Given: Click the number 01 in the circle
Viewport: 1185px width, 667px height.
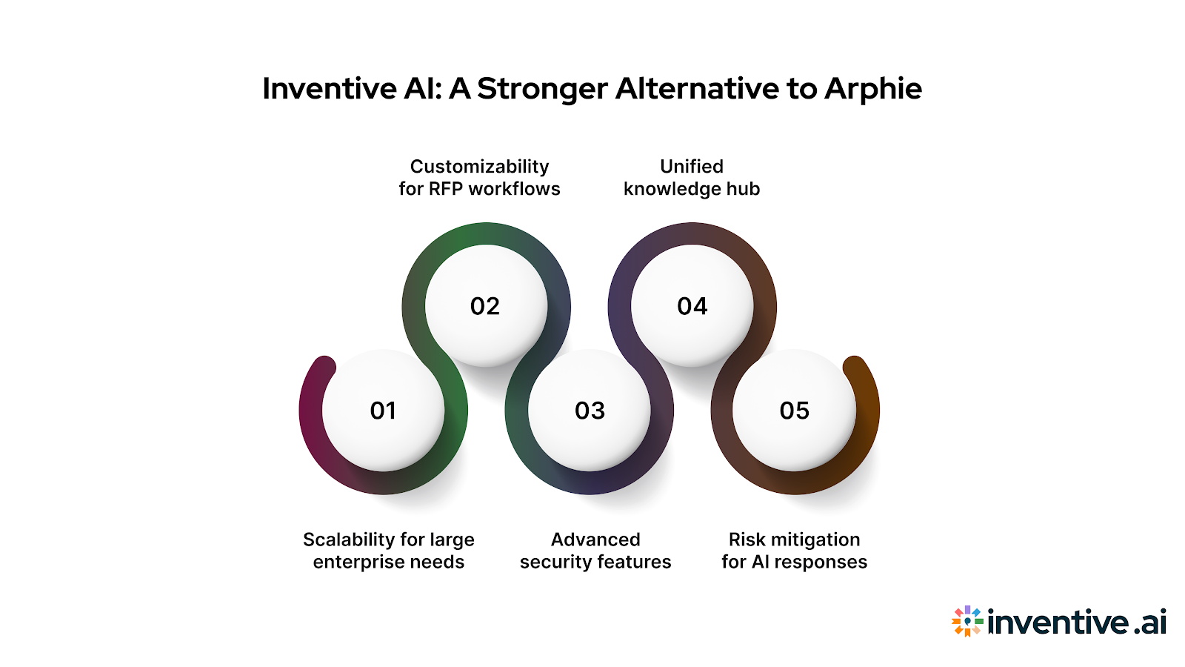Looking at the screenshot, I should pos(383,411).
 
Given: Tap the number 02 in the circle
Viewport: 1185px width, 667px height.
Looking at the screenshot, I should pos(485,306).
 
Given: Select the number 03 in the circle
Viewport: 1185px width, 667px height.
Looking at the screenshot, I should pos(590,411).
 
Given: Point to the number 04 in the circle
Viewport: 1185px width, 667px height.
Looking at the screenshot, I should pos(692,306).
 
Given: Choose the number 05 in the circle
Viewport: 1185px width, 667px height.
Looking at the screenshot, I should pos(795,411).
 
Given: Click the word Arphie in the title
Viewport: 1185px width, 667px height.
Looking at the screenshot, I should pos(873,89).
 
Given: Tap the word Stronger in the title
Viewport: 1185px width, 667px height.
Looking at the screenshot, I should pos(542,89).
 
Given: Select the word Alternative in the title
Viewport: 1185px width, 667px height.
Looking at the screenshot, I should pos(697,89).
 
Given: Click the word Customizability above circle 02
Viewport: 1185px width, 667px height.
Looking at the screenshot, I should pos(480,167).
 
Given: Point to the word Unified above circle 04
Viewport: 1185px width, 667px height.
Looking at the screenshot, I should pos(692,167).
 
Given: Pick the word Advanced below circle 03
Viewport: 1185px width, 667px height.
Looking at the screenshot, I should pos(595,540).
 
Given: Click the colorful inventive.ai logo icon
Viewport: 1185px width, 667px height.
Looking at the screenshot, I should pos(967,621).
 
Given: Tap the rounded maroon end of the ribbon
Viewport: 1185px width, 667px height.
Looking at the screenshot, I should pos(324,366).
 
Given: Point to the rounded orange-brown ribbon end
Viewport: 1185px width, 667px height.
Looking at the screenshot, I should pos(854,366).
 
